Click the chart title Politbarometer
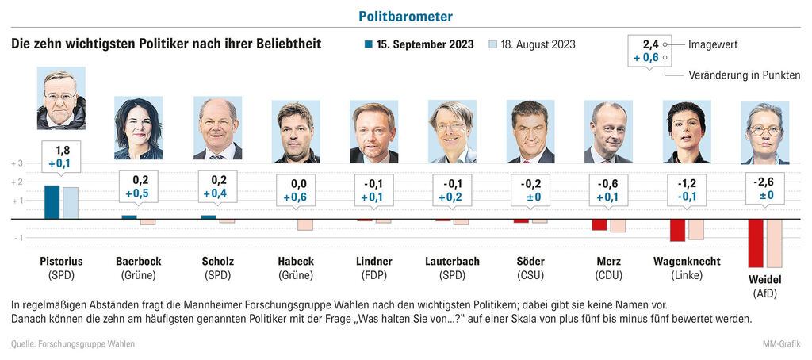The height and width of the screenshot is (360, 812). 406,16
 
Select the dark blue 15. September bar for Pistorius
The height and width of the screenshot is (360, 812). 52,202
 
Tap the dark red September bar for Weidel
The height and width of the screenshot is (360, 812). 755,243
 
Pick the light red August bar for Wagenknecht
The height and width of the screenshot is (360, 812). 696,229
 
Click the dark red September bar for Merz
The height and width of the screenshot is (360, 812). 599,224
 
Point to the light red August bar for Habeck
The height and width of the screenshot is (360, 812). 305,224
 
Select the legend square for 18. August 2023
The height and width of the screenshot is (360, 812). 492,44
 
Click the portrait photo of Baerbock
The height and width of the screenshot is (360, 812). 139,128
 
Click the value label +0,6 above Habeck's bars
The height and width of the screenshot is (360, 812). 295,197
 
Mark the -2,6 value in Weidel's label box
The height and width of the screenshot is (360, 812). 765,181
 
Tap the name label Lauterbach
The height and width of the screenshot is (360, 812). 452,261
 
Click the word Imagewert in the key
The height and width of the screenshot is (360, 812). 713,44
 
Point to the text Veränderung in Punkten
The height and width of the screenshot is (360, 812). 744,75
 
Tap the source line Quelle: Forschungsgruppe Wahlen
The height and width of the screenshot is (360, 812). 73,343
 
